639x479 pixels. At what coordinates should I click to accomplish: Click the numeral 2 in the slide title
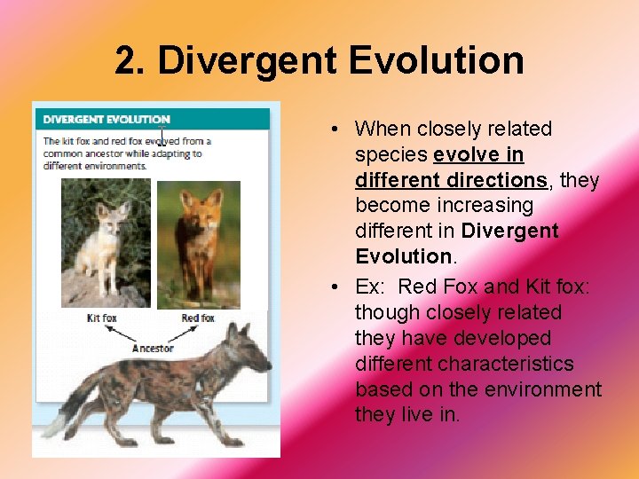[x=130, y=60]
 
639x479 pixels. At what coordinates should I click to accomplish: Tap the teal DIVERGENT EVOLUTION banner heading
[x=106, y=119]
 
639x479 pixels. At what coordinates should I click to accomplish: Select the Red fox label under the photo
[x=197, y=318]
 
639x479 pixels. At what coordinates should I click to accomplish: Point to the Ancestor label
[x=153, y=348]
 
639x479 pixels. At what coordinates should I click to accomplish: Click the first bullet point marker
[x=330, y=130]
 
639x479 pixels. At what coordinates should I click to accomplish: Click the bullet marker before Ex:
[x=330, y=287]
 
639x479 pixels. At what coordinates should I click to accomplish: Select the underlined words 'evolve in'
[x=478, y=154]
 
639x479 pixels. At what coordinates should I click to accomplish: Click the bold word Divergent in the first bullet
[x=511, y=231]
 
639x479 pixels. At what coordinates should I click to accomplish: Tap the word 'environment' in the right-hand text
[x=545, y=389]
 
